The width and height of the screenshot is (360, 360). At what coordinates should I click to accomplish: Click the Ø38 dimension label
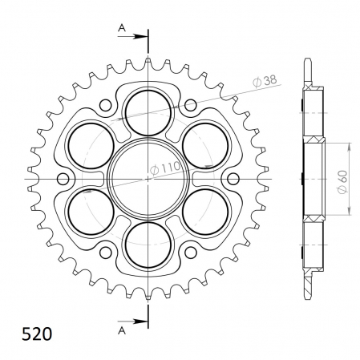(265, 80)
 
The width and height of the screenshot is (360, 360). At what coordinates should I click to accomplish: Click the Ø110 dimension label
(165, 169)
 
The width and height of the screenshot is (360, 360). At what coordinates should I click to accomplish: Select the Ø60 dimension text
(342, 181)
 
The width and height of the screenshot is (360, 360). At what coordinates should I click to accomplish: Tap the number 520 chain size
(37, 334)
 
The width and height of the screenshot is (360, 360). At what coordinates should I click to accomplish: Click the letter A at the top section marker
(122, 27)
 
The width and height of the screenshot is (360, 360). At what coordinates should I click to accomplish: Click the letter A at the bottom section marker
(122, 331)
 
